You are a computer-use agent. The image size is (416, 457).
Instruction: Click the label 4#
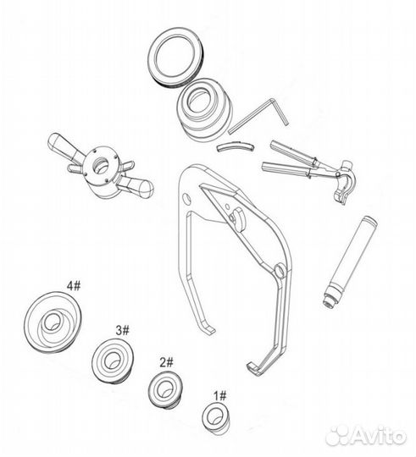74,286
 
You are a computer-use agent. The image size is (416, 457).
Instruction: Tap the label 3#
122,330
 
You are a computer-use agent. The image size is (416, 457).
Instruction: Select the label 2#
166,362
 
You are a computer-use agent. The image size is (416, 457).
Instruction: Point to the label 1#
220,396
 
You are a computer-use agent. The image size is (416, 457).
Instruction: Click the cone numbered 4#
53,322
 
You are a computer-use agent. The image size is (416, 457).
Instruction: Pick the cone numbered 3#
112,360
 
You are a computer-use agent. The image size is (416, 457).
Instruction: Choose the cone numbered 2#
164,389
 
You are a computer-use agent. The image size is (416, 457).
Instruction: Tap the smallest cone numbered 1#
215,418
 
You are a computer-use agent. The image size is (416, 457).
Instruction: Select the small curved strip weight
236,146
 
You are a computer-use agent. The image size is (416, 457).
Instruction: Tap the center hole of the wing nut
101,165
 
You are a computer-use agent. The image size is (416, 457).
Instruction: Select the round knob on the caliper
237,218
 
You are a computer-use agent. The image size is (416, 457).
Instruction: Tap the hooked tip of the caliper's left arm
209,329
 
